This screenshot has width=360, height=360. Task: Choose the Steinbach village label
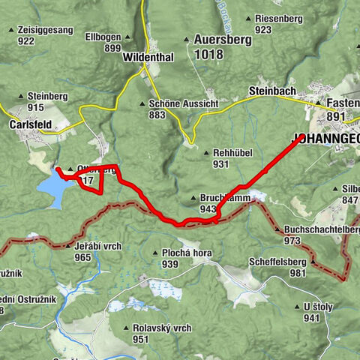[273, 91]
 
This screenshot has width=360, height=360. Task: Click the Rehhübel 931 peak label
[230, 157]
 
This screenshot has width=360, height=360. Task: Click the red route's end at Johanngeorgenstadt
[301, 137]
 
